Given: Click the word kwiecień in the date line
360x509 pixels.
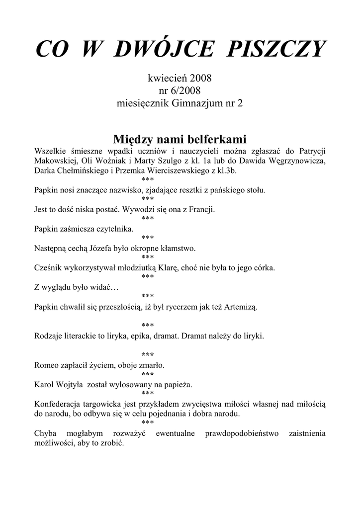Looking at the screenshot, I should click(x=168, y=78).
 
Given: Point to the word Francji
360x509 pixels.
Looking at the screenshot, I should click(x=200, y=209).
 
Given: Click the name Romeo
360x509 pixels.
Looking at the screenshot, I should click(x=48, y=365).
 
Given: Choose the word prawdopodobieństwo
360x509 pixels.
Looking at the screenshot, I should click(x=242, y=433).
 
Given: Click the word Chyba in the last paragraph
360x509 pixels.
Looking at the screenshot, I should click(x=46, y=433).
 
